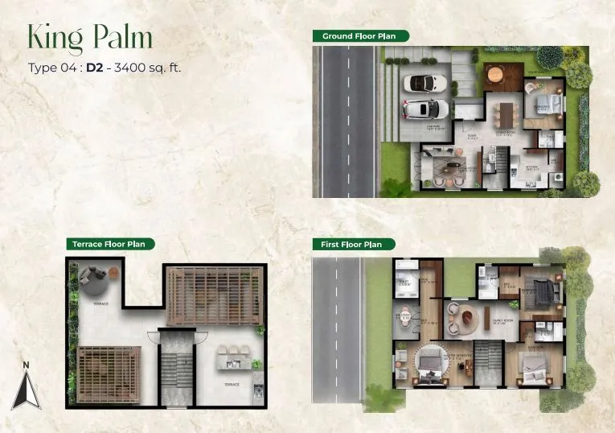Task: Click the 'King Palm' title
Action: point(90,37)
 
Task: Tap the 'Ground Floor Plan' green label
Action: point(361,36)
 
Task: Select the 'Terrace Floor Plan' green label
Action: point(111,243)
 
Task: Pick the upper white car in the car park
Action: point(425,83)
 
